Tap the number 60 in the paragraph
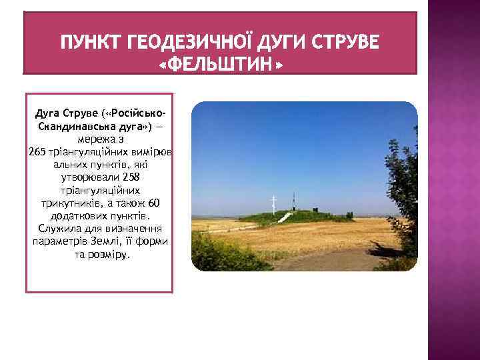(155, 203)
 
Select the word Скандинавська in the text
(69, 127)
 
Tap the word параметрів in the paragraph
(57, 241)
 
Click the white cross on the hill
(273, 203)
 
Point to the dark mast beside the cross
(293, 201)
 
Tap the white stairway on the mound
(283, 219)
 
